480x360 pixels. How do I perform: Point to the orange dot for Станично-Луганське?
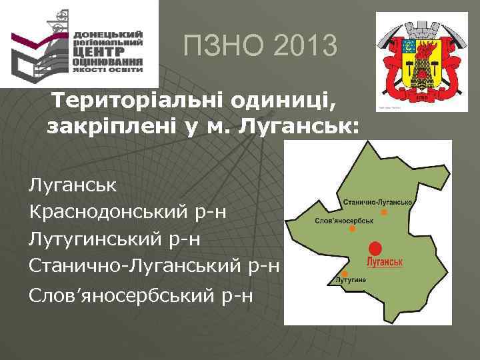click(384, 212)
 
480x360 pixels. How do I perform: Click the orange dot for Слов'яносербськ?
click(352, 229)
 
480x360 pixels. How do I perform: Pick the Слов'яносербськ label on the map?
click(343, 219)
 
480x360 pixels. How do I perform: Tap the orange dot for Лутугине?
click(337, 273)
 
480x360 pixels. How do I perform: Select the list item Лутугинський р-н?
click(115, 239)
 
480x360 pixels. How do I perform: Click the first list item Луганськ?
click(73, 185)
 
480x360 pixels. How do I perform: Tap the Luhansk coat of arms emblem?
click(421, 60)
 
